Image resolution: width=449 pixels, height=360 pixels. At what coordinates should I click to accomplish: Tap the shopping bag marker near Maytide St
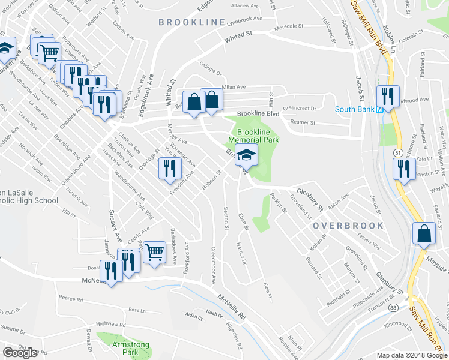(x=424, y=233)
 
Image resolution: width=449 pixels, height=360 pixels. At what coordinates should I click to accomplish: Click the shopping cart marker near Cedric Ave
(x=155, y=252)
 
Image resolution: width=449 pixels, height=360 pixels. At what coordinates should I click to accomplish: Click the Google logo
(x=20, y=353)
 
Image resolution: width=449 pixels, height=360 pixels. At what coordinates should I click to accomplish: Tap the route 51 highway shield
(x=398, y=154)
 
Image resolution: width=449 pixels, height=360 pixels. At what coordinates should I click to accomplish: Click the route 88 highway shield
(x=392, y=307)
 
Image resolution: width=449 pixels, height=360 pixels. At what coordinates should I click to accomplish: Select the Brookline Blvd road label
(x=258, y=113)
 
